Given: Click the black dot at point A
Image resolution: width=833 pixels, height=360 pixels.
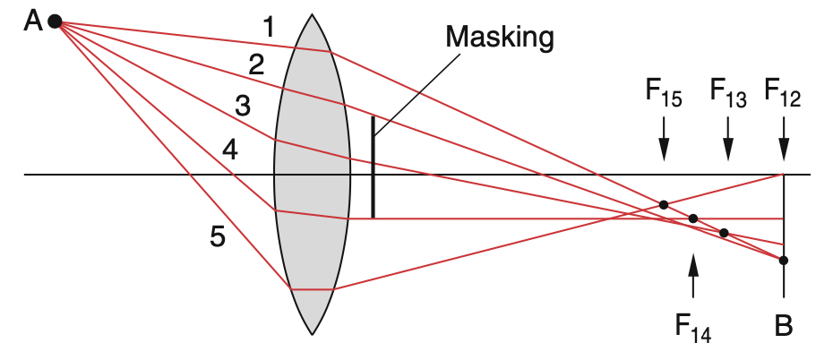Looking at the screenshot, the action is tap(55, 21).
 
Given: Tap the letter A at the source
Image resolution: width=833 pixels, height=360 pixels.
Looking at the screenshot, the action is tap(33, 22).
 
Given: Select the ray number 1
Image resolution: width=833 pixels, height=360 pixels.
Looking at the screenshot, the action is tap(270, 27).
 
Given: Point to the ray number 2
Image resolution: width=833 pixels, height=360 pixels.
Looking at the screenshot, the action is tap(256, 65).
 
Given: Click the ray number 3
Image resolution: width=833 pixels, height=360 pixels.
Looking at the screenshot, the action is tap(242, 107).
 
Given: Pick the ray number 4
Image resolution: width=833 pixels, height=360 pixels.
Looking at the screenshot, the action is tap(229, 151).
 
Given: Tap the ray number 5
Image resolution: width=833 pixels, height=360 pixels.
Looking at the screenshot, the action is tap(218, 236).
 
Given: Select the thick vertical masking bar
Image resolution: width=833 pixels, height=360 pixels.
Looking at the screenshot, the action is tap(373, 167).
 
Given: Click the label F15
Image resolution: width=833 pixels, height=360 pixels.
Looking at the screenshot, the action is tap(664, 92).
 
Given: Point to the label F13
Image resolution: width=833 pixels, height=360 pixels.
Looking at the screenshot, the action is tap(728, 92).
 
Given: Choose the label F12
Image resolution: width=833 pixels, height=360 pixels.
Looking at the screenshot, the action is tap(783, 92).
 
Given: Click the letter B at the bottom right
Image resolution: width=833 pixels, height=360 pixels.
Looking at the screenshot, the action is tap(784, 326).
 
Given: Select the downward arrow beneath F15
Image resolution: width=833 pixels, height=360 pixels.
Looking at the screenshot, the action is tap(664, 139).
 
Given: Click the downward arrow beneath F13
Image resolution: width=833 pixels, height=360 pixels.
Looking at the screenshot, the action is tap(728, 139).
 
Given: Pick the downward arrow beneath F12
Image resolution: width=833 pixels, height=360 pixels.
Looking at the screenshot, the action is tap(784, 139).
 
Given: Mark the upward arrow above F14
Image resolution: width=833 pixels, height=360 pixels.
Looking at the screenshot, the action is tap(692, 276).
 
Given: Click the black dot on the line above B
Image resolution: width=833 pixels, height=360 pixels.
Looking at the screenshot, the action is tap(783, 261).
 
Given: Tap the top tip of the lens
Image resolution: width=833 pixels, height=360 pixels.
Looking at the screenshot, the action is tap(312, 14).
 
